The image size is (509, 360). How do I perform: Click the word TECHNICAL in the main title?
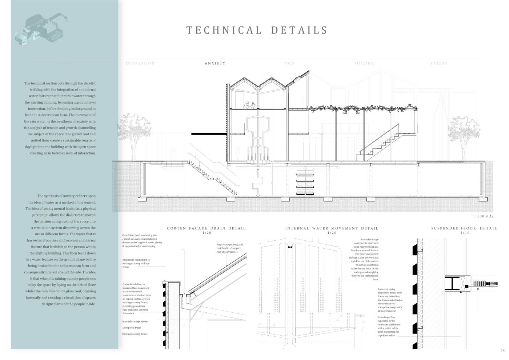tap(224, 30)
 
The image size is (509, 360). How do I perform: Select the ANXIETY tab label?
tap(215, 63)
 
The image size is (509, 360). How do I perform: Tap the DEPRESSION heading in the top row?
tap(140, 63)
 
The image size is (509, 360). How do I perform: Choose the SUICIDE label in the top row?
tap(364, 63)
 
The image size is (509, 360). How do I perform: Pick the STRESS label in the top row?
tap(438, 63)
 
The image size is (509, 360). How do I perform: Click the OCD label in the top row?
tap(289, 63)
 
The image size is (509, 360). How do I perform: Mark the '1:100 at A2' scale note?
tap(483, 216)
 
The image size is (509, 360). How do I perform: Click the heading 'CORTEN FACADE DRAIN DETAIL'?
tap(206, 228)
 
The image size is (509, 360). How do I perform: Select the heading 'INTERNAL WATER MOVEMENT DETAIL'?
tap(332, 228)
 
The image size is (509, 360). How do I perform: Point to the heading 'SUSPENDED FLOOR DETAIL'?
tap(464, 228)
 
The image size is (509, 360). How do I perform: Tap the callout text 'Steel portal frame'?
tap(132, 328)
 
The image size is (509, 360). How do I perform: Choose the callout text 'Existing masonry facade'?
tap(135, 334)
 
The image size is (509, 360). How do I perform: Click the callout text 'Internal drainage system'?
tap(135, 321)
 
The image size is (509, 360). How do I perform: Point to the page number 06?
tap(502, 351)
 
